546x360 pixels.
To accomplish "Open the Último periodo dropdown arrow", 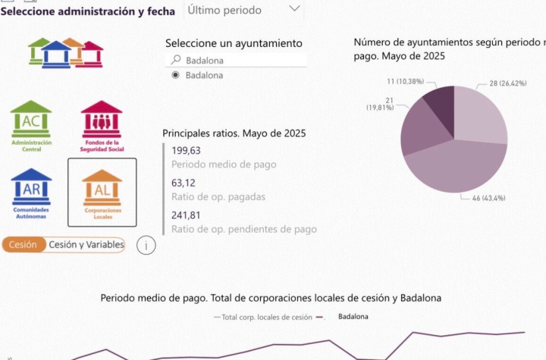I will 294,9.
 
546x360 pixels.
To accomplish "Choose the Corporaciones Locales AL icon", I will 102,190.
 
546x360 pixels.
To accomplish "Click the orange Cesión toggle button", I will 23,245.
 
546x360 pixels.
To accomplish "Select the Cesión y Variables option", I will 85,245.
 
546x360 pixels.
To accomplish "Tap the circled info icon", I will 146,245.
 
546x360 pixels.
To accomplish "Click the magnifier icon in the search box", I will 176,60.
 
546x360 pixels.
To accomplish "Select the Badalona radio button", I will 176,75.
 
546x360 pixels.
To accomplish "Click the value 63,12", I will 184,183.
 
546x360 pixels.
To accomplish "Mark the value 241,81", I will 186,214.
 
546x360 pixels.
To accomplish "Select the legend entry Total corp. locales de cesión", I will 262,317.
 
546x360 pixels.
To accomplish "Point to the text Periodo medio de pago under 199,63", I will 224,164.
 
